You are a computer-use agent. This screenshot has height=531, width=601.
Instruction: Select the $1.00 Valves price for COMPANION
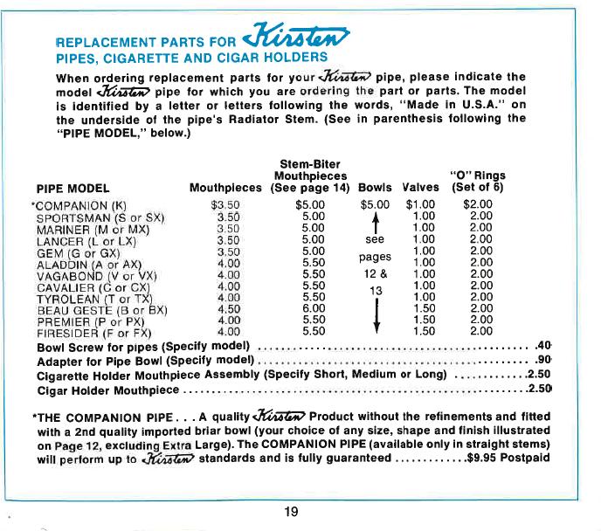click(421, 205)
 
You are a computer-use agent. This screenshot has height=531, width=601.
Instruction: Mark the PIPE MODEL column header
click(72, 187)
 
